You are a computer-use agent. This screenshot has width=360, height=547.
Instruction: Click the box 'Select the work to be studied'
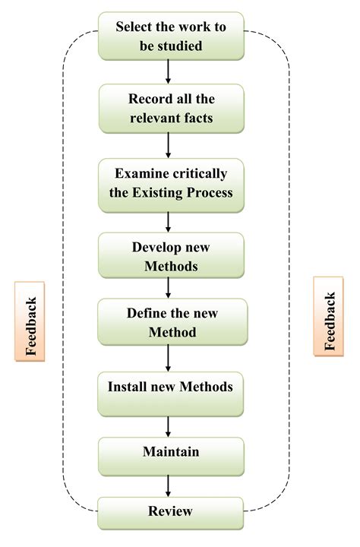[170, 36]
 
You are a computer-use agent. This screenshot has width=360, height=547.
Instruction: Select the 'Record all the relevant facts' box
[171, 109]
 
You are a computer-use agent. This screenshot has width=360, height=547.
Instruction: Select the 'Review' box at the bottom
[171, 512]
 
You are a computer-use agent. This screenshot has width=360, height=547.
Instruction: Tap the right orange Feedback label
[329, 319]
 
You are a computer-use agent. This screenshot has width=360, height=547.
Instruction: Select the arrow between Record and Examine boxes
[169, 145]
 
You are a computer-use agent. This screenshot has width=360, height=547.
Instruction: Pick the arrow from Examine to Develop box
[169, 221]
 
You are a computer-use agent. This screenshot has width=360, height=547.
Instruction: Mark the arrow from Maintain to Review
[169, 485]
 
